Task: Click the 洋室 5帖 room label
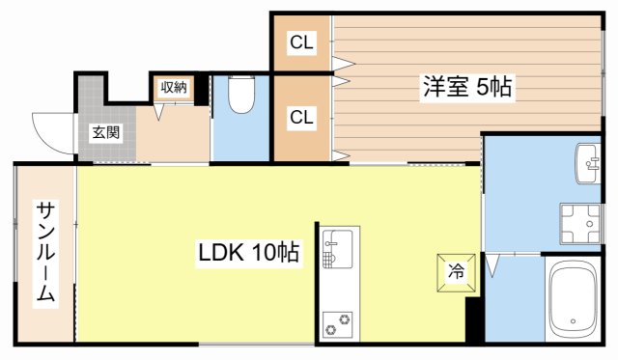coord(466,86)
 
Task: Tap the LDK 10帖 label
coord(248,254)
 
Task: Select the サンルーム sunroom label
coord(45,253)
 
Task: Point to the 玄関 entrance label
coord(106,132)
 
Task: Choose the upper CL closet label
coord(302,42)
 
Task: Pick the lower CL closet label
coord(302,117)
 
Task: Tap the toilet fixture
coord(239,97)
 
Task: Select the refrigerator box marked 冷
coord(454,271)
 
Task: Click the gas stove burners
coord(338,324)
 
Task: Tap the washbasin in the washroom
coord(590,162)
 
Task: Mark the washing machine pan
coord(579,224)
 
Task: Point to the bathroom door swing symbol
coord(493,263)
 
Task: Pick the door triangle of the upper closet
coord(343,64)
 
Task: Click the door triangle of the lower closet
coord(341,152)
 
